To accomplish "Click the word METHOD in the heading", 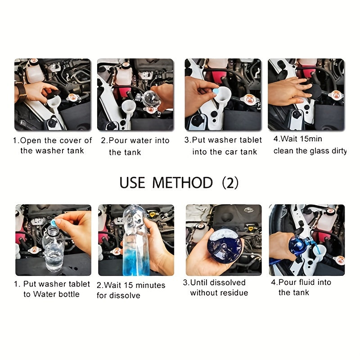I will pos(182,183).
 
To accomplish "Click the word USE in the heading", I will pos(132,183).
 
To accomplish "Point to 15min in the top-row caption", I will pos(309,139).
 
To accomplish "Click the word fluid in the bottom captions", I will pos(306,282).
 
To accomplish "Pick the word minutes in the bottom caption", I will pos(149,285).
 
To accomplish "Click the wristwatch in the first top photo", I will pos(20,91).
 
